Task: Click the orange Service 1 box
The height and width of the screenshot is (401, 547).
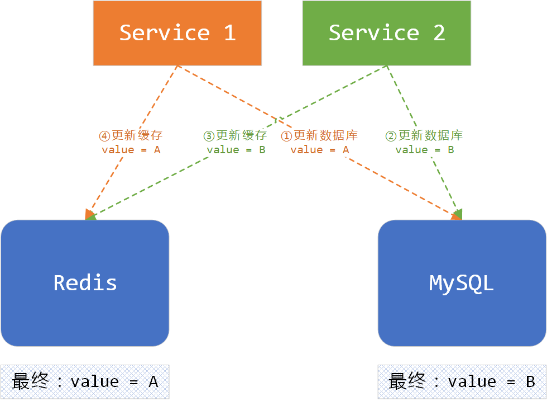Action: pyautogui.click(x=177, y=33)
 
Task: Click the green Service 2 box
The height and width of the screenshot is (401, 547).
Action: pyautogui.click(x=386, y=33)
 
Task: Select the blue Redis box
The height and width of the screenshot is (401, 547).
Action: pyautogui.click(x=85, y=283)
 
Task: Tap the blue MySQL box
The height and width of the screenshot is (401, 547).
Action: pyautogui.click(x=462, y=283)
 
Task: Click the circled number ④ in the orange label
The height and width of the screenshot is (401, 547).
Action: pyautogui.click(x=105, y=136)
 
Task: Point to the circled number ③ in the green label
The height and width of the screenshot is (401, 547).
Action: pyautogui.click(x=209, y=136)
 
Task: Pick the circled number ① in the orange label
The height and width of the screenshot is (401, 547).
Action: pyautogui.click(x=286, y=136)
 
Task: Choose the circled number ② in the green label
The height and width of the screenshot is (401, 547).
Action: pyautogui.click(x=391, y=136)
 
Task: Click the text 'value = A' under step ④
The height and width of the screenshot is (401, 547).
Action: pyautogui.click(x=131, y=150)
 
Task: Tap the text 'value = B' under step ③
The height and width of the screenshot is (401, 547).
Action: pyautogui.click(x=236, y=150)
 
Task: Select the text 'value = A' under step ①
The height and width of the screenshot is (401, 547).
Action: pyautogui.click(x=319, y=150)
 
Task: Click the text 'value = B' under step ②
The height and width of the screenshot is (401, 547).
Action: pyautogui.click(x=424, y=150)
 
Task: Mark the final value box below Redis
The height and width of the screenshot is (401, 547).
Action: pyautogui.click(x=85, y=382)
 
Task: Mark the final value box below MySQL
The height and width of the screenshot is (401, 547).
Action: pyautogui.click(x=462, y=382)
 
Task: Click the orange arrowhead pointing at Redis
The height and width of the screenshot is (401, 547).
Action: pyautogui.click(x=89, y=214)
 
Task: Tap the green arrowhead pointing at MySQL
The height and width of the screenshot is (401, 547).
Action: pyautogui.click(x=458, y=214)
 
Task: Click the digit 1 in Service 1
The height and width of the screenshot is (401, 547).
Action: pyautogui.click(x=229, y=33)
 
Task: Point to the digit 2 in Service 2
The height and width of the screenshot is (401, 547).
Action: pyautogui.click(x=439, y=33)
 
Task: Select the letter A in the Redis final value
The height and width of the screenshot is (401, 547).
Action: pyautogui.click(x=152, y=382)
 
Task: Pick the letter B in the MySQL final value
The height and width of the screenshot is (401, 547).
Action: pyautogui.click(x=530, y=382)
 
